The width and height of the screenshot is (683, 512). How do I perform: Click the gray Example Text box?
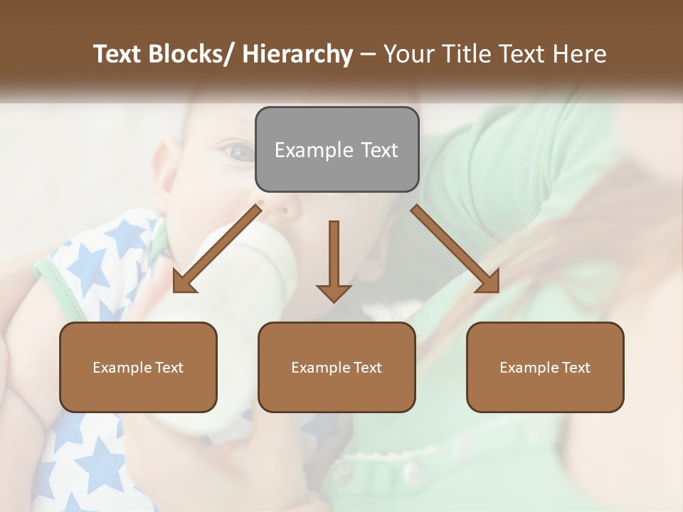337,149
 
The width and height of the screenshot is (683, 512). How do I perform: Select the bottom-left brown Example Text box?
138,368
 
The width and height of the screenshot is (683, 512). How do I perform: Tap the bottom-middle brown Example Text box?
337,368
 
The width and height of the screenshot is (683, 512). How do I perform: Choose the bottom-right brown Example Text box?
545,368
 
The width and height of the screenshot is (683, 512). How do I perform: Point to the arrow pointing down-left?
217,249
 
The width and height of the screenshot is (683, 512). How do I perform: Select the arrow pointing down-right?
455,249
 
